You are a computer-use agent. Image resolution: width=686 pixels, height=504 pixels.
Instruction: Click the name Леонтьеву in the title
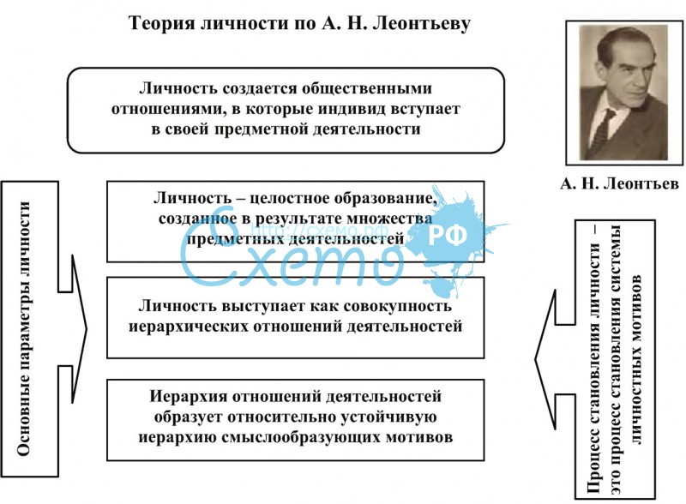coord(421,23)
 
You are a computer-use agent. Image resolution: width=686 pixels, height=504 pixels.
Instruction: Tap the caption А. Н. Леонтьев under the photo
coord(619,183)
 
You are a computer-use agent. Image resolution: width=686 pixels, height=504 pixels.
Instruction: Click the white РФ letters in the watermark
coord(447,236)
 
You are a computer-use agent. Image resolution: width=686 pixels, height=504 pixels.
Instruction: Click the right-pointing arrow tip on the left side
coord(87,329)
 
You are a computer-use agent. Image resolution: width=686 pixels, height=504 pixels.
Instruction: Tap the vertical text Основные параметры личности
coord(24,328)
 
